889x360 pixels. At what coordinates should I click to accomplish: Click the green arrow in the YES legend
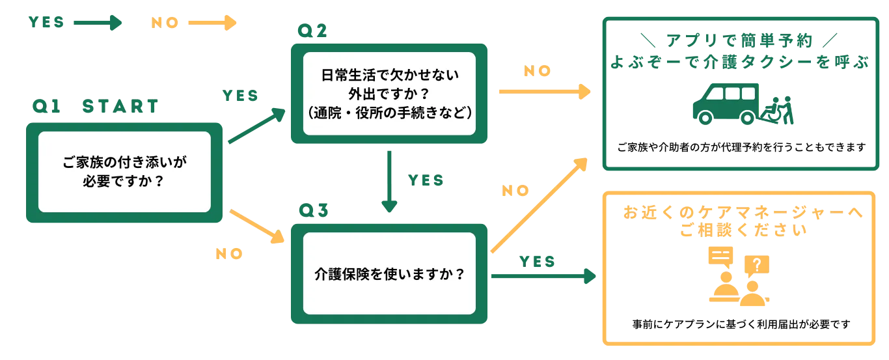(x=98, y=23)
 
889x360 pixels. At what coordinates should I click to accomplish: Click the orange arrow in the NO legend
(x=213, y=23)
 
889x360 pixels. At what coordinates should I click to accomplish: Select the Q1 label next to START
(x=46, y=107)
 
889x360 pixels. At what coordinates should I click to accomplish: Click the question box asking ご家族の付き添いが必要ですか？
(x=124, y=172)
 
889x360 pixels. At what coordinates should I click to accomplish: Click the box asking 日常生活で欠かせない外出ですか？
(x=389, y=94)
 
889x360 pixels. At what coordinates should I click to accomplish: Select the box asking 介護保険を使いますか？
(x=389, y=274)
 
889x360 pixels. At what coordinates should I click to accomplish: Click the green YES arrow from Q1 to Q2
(x=254, y=126)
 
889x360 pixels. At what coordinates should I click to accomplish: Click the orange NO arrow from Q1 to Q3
(x=258, y=226)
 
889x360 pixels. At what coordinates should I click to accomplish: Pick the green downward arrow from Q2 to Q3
(x=389, y=179)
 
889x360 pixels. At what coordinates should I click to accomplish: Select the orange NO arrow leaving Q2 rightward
(x=543, y=92)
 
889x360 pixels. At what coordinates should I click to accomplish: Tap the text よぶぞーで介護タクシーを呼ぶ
(x=739, y=64)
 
